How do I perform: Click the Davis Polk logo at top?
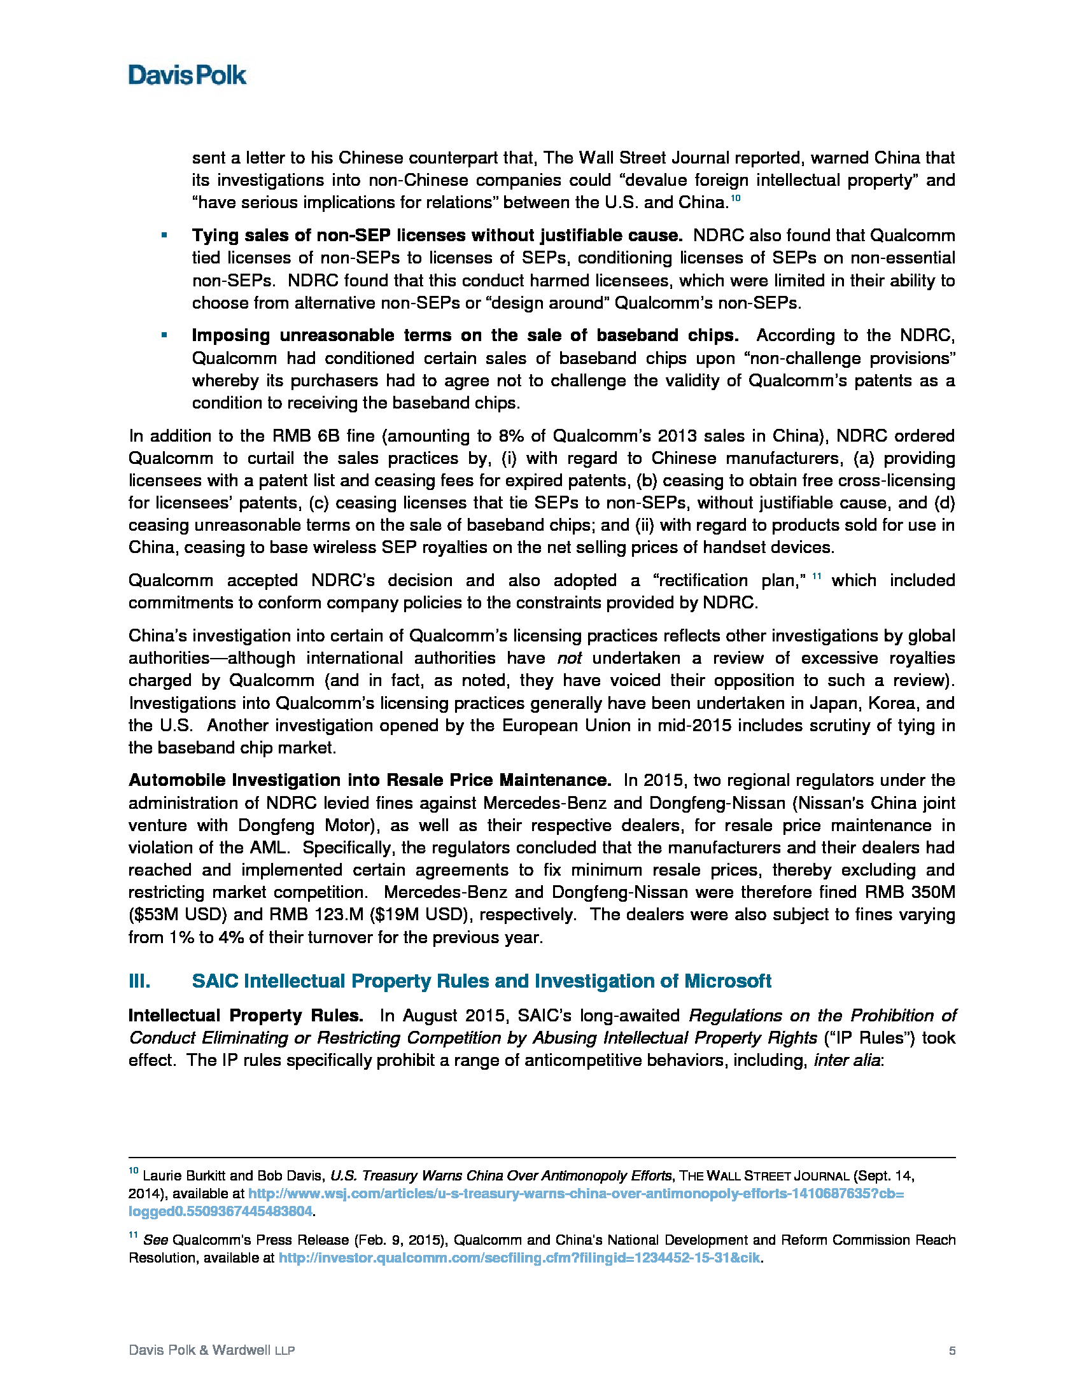coord(186,76)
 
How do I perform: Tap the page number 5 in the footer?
coord(952,1350)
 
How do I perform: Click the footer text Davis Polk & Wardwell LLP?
coord(211,1350)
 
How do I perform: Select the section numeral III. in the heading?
coord(140,981)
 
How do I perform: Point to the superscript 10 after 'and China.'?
coord(736,198)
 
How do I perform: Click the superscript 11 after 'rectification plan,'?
coord(817,577)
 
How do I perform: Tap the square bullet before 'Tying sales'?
coord(164,235)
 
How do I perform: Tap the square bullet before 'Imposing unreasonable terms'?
coord(164,335)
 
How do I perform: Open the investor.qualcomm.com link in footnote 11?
coord(519,1257)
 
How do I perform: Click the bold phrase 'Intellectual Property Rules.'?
coord(246,1016)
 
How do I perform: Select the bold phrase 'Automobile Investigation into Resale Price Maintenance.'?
coord(370,780)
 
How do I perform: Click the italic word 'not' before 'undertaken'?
coord(569,659)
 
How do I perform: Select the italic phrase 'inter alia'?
coord(846,1060)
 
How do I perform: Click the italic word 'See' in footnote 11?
coord(155,1240)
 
